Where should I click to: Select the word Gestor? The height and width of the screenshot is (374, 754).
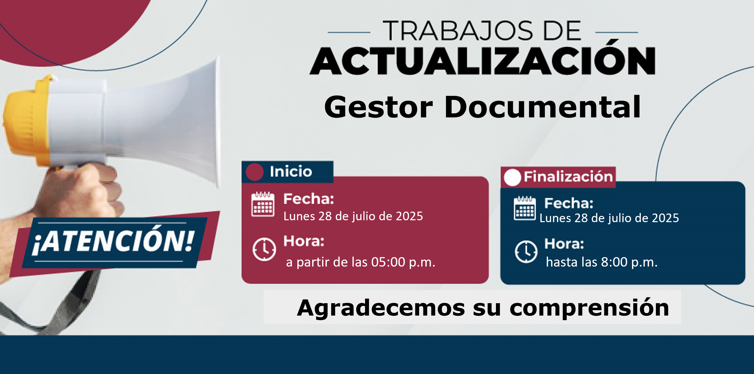[378, 108]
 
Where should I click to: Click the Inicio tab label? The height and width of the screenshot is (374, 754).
[291, 172]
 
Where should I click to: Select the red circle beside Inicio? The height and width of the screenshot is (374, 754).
[255, 172]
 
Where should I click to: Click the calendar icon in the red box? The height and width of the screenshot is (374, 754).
[263, 204]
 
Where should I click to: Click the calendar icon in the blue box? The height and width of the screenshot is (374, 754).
[525, 208]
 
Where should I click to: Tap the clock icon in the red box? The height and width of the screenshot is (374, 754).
[264, 249]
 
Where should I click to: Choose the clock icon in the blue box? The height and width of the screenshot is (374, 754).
[526, 252]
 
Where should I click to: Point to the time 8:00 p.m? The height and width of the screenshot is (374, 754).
[629, 262]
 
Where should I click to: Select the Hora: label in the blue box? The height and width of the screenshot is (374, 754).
[564, 244]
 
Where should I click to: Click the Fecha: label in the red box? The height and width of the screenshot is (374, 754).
[309, 199]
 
